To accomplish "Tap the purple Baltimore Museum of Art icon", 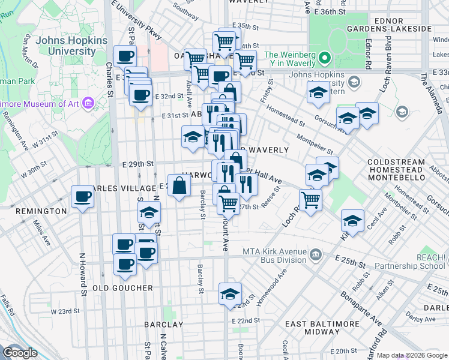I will pos(89,103).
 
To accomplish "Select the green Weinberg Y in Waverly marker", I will pos(325,59).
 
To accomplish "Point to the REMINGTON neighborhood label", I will pos(41,211).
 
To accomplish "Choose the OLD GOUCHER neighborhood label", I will pos(123,288).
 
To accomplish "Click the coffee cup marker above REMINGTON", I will pos(82,197).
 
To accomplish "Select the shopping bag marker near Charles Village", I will pos(179,185).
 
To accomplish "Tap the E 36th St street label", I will pos(331,11).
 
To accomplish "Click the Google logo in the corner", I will pos(20,353).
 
